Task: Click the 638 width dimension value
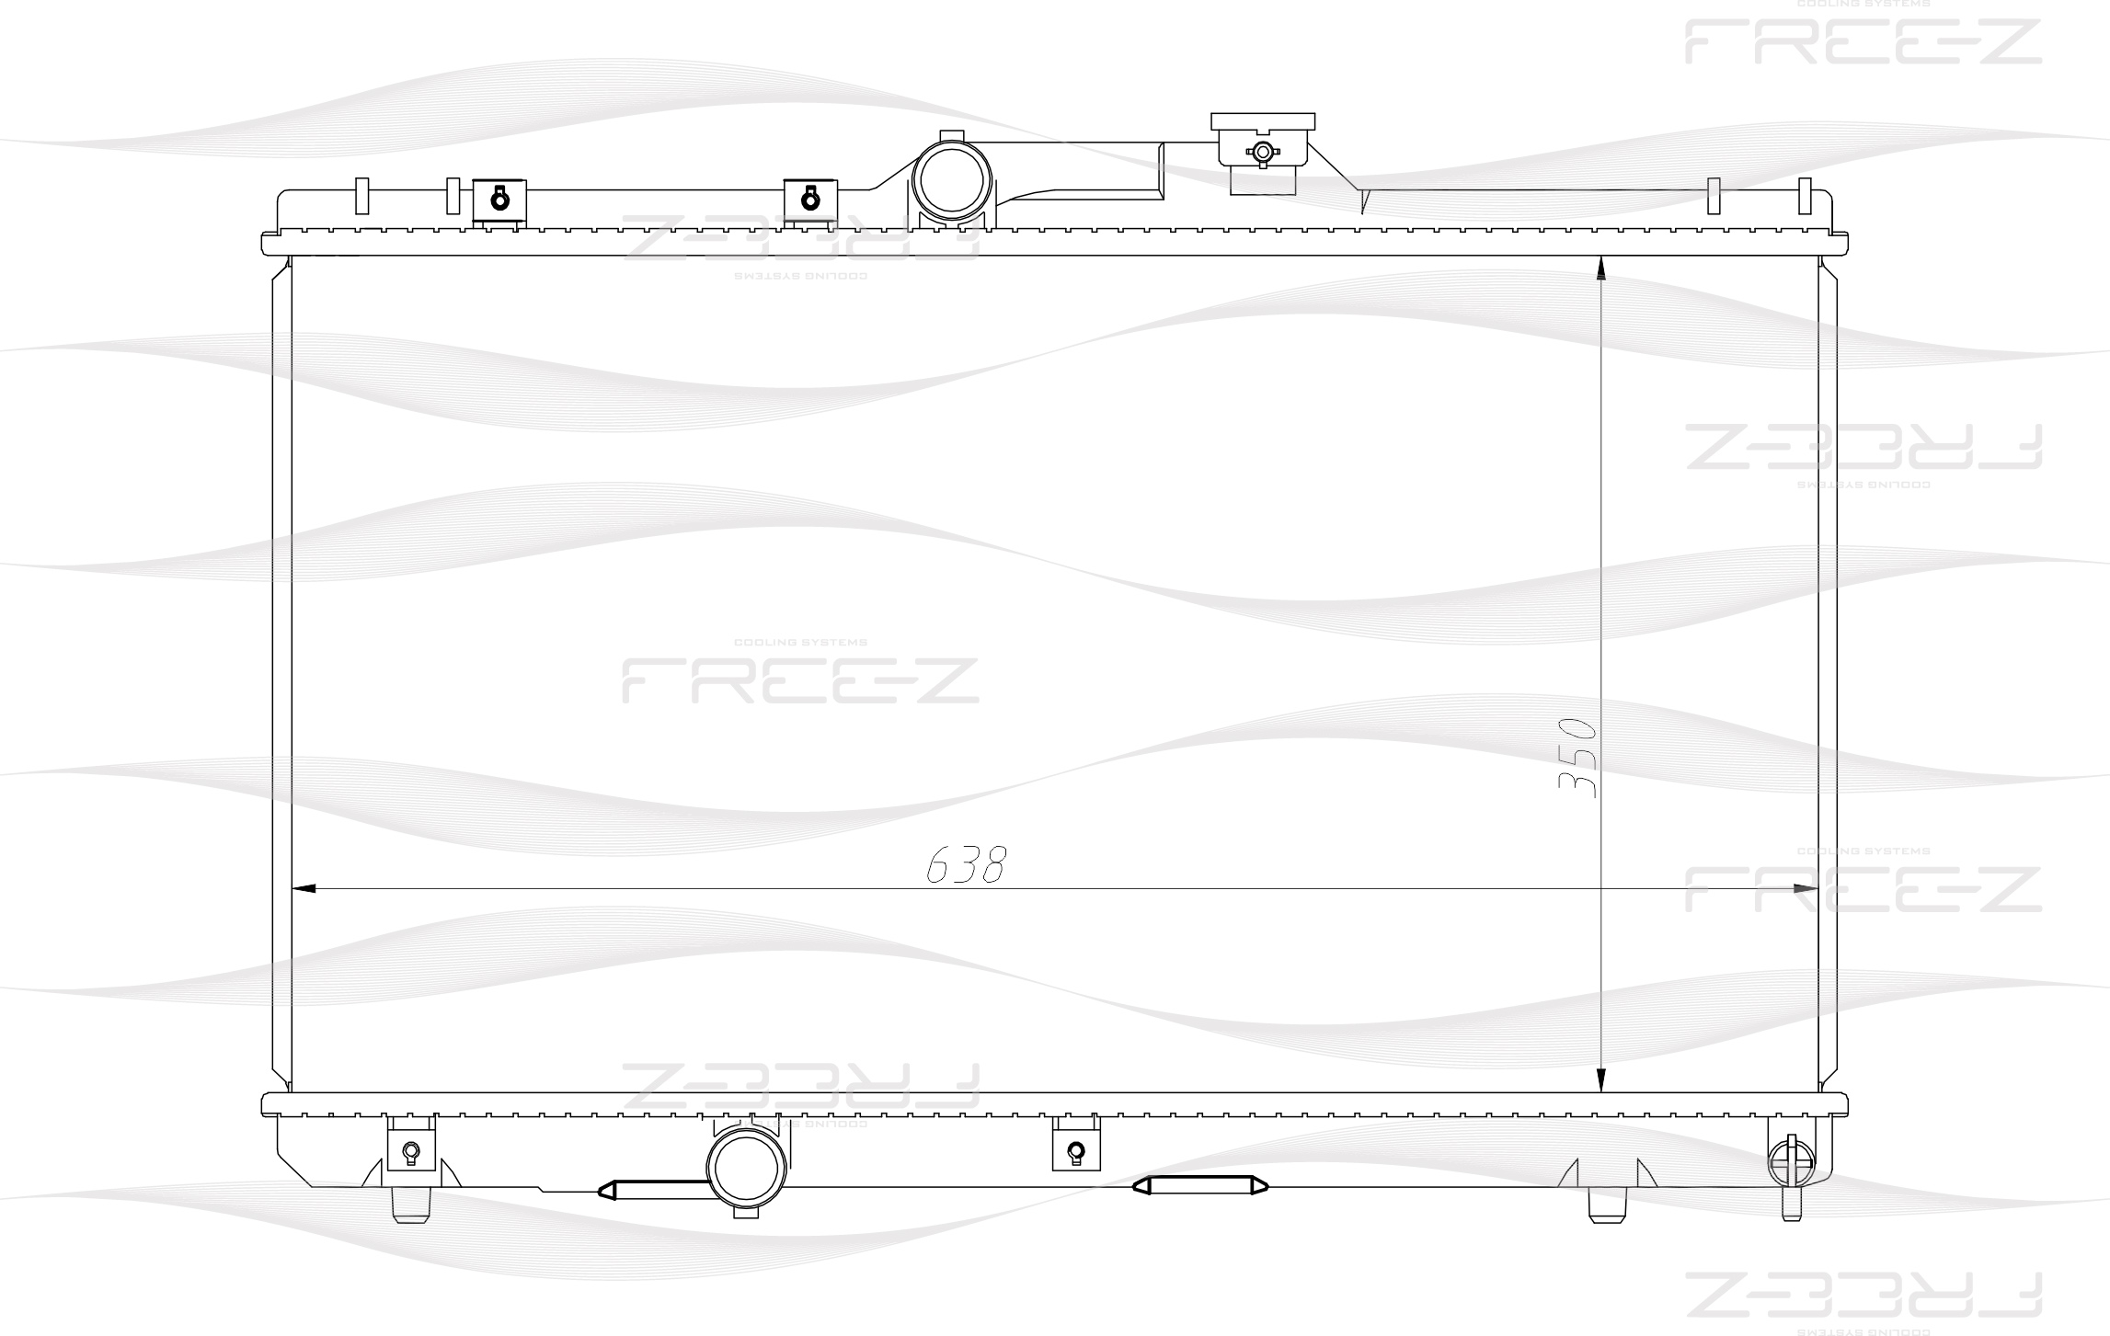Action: click(966, 863)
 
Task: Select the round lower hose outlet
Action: click(747, 1168)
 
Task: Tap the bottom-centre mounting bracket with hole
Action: click(1075, 1149)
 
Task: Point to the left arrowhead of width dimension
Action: click(303, 889)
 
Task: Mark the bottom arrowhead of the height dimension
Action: click(1600, 1080)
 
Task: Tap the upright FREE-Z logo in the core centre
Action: click(800, 680)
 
